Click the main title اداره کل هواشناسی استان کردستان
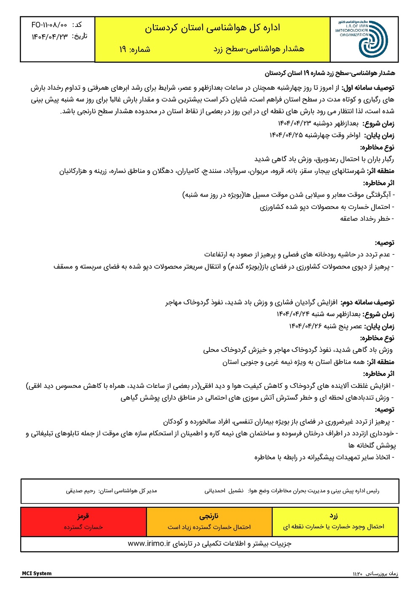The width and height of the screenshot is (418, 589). (x=212, y=28)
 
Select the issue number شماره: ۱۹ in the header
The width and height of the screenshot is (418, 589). (x=134, y=49)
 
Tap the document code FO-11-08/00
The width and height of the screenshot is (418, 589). (x=49, y=25)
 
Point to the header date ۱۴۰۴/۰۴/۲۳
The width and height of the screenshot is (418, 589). (x=49, y=37)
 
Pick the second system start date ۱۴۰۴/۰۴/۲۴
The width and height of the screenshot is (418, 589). (x=295, y=314)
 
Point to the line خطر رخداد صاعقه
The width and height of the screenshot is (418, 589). (x=365, y=219)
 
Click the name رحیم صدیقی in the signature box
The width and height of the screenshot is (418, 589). (x=80, y=491)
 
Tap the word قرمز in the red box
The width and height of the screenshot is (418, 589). (x=83, y=516)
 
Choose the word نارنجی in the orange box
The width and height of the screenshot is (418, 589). (x=209, y=516)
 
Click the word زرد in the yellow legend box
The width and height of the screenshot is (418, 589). (x=334, y=516)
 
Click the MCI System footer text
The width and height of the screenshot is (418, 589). (x=37, y=573)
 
